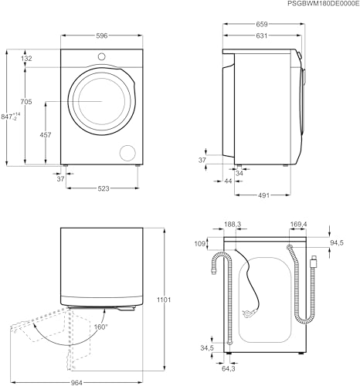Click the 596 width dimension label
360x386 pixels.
point(102,36)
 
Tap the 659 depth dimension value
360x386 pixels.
point(262,24)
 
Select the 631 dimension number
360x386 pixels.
point(262,36)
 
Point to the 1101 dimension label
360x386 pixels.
point(164,300)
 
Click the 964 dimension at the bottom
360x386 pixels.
point(76,383)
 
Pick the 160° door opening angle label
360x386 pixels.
point(100,327)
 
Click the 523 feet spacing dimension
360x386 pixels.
point(104,188)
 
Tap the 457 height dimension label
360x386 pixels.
point(46,134)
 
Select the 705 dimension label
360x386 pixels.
point(26,102)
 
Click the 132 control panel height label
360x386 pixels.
point(26,59)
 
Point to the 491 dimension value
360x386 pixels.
point(263,195)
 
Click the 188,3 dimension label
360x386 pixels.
point(233,225)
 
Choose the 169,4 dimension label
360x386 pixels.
point(298,225)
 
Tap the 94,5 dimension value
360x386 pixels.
point(337,242)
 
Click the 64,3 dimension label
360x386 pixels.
point(229,369)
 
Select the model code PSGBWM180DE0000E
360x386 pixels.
point(323,3)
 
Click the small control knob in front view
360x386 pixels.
point(101,56)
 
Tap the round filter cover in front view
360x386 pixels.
point(127,153)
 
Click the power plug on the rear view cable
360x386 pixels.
point(249,313)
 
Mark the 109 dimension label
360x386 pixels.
point(200,243)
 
